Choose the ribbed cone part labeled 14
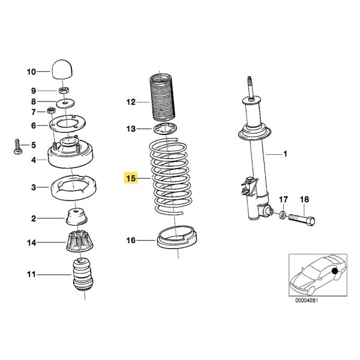tap(80, 243)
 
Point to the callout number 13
tap(131, 128)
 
